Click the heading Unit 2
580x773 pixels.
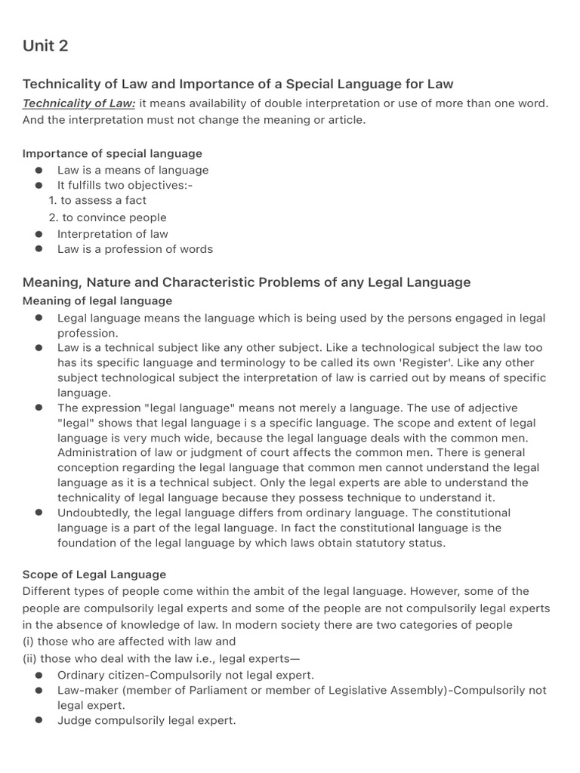point(45,46)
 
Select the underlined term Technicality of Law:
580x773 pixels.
point(79,103)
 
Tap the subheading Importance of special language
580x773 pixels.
point(113,153)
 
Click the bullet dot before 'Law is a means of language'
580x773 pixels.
point(39,171)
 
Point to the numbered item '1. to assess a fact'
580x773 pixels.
point(97,200)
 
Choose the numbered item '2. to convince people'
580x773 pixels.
point(107,217)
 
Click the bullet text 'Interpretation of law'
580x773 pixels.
point(113,234)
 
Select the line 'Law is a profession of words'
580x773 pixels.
point(135,249)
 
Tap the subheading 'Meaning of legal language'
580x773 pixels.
point(97,301)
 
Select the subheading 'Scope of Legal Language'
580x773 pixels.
point(94,574)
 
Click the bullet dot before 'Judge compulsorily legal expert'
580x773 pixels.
point(39,721)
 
